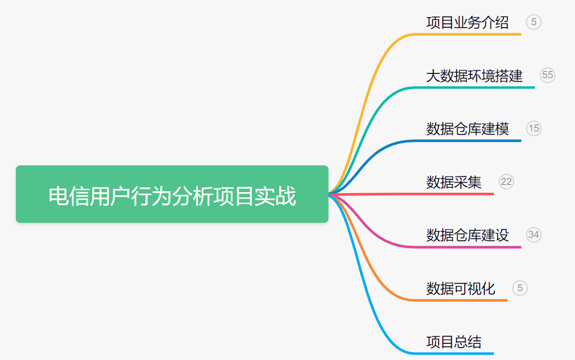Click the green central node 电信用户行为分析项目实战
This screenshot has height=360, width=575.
point(172,194)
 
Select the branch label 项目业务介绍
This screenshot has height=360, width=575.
point(467,22)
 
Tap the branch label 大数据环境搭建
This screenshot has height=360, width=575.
point(474,76)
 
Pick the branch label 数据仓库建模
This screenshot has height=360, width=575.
point(467,129)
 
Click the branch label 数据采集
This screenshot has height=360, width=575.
point(454,182)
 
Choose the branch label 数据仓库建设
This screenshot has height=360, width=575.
point(467,235)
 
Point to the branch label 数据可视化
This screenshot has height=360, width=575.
point(460,288)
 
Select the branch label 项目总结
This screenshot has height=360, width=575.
point(454,342)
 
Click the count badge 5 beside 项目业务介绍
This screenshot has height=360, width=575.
point(533,22)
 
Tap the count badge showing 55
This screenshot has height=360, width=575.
point(547,75)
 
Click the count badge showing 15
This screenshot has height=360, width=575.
point(533,128)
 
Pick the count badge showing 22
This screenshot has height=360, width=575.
point(506,182)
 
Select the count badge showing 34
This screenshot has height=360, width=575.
point(533,235)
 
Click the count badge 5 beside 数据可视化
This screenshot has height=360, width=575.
point(520,288)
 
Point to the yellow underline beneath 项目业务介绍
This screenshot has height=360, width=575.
point(467,34)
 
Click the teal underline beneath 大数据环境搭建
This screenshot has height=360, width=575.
point(474,88)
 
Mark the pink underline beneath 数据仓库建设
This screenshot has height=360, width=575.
point(467,247)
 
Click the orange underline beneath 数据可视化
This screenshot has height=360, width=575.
point(460,300)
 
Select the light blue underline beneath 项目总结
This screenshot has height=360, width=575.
point(454,354)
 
